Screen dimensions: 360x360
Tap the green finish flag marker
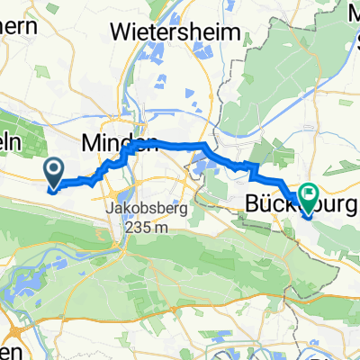[309, 195]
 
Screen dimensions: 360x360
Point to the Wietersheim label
[175, 31]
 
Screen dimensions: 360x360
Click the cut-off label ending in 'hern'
[19, 25]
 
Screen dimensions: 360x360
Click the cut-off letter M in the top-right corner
[353, 13]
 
